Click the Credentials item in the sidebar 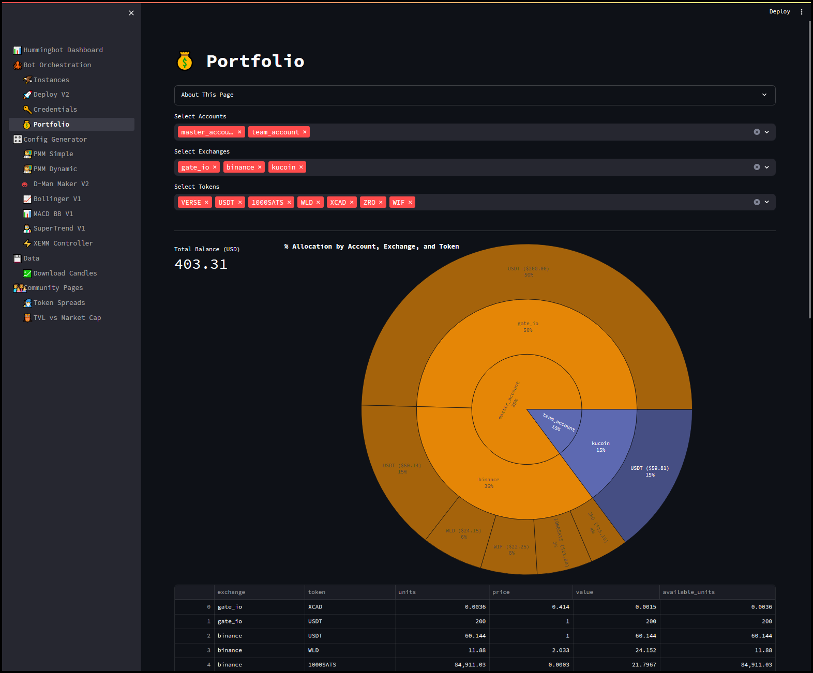click(55, 110)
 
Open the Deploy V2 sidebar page click(51, 95)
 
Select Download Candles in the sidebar click(65, 273)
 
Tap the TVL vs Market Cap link click(67, 318)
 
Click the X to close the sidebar click(131, 13)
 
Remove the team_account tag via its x click(305, 132)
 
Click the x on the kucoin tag click(301, 167)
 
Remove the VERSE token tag click(206, 203)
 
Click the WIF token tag click(398, 203)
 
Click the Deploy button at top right click(779, 11)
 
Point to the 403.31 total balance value click(201, 265)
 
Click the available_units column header click(688, 592)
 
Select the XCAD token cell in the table click(315, 607)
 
